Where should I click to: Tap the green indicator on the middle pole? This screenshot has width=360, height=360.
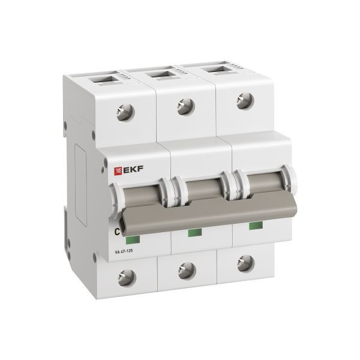click(x=194, y=232)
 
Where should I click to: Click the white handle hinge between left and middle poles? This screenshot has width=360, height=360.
click(x=175, y=189)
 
